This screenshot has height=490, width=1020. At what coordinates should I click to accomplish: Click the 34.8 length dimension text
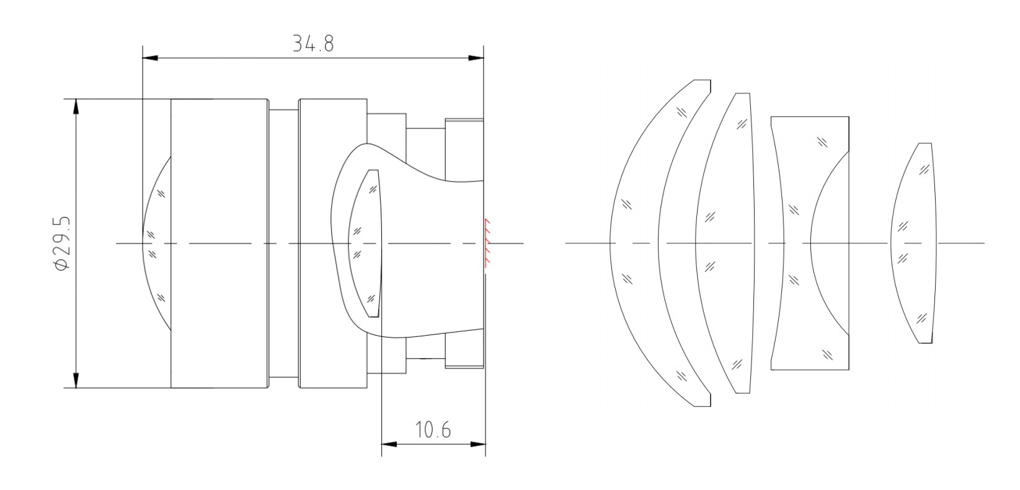pyautogui.click(x=313, y=44)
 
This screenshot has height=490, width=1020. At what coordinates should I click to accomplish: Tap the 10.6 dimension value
pyautogui.click(x=433, y=430)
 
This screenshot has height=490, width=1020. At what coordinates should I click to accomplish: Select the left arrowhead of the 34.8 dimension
pyautogui.click(x=150, y=58)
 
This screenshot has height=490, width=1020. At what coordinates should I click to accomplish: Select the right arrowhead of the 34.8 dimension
pyautogui.click(x=476, y=58)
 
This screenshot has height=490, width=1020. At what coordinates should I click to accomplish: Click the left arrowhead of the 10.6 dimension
pyautogui.click(x=389, y=444)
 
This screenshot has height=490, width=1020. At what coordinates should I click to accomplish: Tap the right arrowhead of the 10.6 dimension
pyautogui.click(x=477, y=444)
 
